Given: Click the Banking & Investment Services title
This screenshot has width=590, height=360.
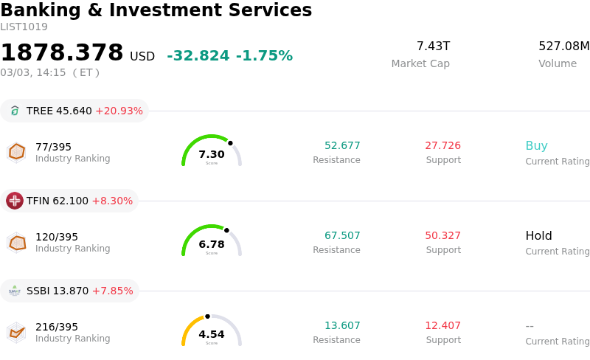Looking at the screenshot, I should click(156, 10).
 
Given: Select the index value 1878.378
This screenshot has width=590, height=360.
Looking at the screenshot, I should click(62, 53).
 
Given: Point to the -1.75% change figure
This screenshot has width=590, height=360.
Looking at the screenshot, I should click(264, 56).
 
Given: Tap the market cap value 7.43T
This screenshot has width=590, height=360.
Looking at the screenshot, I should click(433, 46).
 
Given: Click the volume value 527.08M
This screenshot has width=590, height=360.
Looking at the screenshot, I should click(563, 46).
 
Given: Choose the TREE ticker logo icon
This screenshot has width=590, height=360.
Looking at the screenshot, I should click(15, 111).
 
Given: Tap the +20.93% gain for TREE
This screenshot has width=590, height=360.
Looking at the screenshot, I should click(119, 111).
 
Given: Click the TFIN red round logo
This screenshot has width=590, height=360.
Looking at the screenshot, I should click(15, 201).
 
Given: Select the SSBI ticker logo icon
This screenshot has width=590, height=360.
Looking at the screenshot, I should click(15, 291).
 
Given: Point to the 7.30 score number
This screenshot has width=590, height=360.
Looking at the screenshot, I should click(212, 154).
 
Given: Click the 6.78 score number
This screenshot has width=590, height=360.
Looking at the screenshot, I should click(212, 244).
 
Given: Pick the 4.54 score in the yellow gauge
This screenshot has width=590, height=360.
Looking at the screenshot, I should click(212, 334).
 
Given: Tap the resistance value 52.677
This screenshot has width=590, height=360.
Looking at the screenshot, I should click(342, 145).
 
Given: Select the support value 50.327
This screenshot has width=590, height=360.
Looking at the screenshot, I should click(442, 235).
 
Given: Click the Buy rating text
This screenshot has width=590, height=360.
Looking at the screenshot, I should click(536, 145).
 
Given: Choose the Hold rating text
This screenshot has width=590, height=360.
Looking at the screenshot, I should click(538, 235).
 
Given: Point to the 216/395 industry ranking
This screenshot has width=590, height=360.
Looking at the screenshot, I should click(57, 327).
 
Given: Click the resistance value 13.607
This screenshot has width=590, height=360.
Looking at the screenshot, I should click(342, 325).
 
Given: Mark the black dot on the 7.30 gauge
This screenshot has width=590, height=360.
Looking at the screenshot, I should click(230, 143).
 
